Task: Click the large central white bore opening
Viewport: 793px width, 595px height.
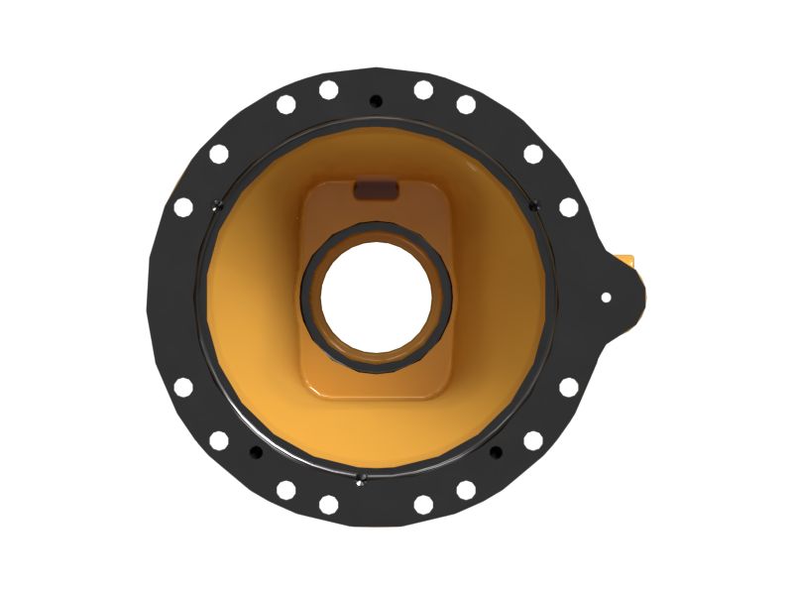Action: [x=376, y=297]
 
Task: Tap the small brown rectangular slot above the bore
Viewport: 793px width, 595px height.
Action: [x=376, y=187]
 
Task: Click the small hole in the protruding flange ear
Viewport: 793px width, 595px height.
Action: [x=607, y=297]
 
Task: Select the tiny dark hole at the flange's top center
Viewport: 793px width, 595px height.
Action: [x=375, y=100]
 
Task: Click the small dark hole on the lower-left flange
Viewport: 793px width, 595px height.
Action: [x=256, y=451]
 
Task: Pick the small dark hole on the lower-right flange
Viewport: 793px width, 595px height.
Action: [x=496, y=451]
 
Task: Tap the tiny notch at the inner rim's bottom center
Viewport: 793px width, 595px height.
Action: [x=362, y=477]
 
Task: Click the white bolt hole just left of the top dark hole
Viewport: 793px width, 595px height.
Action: [x=328, y=90]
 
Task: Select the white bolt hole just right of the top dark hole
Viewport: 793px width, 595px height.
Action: [x=423, y=90]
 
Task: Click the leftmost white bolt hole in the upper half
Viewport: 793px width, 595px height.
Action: [x=183, y=207]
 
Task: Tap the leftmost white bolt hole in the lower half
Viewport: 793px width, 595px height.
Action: [x=183, y=387]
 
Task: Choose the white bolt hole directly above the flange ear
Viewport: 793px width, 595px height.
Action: [x=569, y=207]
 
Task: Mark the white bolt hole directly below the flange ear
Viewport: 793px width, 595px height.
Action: [x=569, y=387]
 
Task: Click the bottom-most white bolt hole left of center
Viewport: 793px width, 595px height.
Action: [x=328, y=504]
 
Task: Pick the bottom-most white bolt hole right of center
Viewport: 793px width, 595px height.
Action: [x=423, y=504]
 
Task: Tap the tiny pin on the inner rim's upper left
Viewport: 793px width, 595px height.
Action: [x=218, y=206]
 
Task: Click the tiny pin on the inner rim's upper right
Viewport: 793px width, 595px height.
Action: [x=535, y=206]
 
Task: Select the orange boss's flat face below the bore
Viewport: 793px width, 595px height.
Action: [x=376, y=382]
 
